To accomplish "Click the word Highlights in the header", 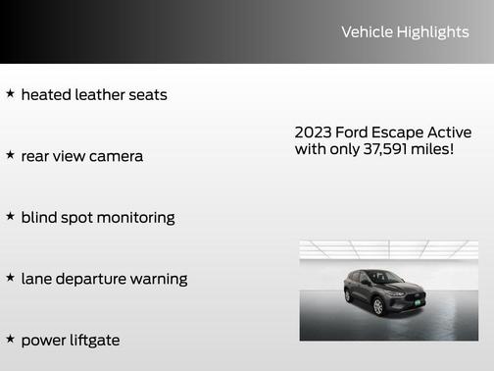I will [432, 32].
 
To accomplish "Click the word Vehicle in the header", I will [366, 32].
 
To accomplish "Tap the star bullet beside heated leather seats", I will [10, 94].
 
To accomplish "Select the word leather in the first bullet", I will [98, 95].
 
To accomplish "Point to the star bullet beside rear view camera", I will [10, 155].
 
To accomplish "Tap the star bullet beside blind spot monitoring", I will [10, 216].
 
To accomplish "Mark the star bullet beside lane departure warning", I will [10, 278].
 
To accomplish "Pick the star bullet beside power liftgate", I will [10, 339].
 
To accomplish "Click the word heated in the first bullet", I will [45, 95].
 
